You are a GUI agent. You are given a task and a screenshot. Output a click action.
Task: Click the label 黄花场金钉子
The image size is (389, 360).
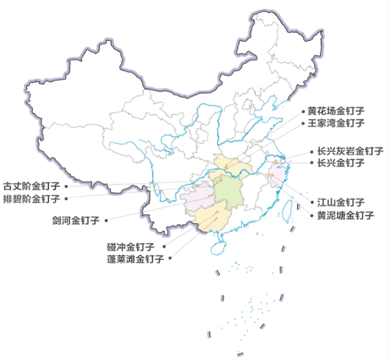(336, 111)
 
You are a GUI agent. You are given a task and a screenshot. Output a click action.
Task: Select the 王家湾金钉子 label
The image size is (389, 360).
(336, 123)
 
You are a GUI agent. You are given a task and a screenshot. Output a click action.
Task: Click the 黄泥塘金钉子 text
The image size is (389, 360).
(345, 216)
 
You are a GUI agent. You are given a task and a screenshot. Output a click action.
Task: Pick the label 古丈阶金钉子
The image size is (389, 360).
(31, 186)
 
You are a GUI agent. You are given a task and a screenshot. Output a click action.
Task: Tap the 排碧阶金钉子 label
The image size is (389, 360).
(31, 198)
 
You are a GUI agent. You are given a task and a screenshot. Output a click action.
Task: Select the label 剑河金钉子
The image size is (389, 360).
(75, 220)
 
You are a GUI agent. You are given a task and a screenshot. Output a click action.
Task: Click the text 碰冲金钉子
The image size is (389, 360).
(131, 247)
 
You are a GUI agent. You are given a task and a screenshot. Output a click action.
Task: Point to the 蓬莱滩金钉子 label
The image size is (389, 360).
(135, 258)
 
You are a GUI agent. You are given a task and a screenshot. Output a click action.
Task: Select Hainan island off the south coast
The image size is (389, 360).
(219, 247)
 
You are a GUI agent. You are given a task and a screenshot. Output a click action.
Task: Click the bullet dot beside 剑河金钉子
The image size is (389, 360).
(106, 220)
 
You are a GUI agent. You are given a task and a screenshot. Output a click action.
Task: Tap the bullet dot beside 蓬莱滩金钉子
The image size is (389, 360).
(170, 258)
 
